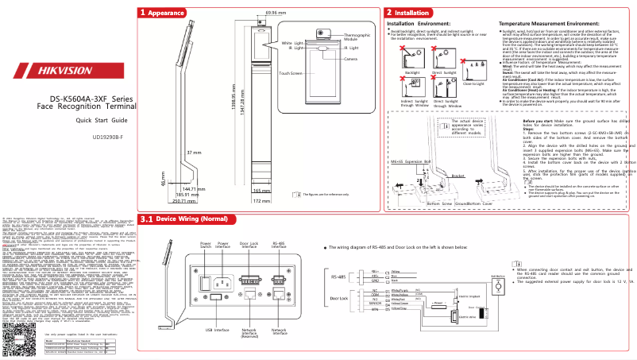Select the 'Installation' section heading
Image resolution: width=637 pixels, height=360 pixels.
(x=411, y=14)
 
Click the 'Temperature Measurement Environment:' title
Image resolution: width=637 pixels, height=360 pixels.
(x=548, y=25)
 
